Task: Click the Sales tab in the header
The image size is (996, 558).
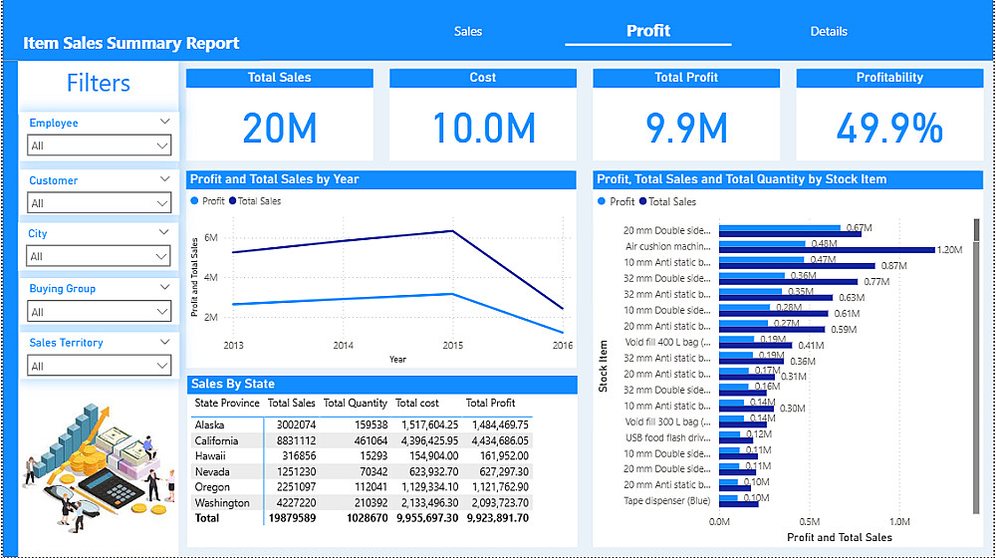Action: pyautogui.click(x=468, y=31)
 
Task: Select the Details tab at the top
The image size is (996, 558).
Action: pyautogui.click(x=829, y=31)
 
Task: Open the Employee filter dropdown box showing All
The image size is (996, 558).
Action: pyautogui.click(x=100, y=145)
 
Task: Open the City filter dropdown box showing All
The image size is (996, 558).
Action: pyautogui.click(x=100, y=256)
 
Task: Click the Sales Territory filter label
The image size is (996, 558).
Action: pyautogui.click(x=67, y=343)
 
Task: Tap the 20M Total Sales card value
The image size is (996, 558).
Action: pyautogui.click(x=279, y=129)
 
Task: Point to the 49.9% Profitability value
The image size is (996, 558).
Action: pyautogui.click(x=889, y=129)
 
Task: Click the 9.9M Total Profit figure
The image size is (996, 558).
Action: pyautogui.click(x=686, y=129)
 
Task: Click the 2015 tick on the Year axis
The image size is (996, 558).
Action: pyautogui.click(x=453, y=346)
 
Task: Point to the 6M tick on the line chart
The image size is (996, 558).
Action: pyautogui.click(x=210, y=238)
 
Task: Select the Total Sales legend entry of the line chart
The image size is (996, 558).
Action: pyautogui.click(x=259, y=201)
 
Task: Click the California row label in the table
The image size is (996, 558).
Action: pyautogui.click(x=217, y=440)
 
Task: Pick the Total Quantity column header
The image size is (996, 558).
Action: pyautogui.click(x=356, y=404)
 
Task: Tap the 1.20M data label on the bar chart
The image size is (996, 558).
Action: pyautogui.click(x=948, y=250)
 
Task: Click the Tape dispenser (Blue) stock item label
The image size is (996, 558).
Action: pyautogui.click(x=667, y=501)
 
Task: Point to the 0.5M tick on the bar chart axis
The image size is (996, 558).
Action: pyautogui.click(x=809, y=521)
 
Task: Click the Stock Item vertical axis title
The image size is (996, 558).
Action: pyautogui.click(x=604, y=365)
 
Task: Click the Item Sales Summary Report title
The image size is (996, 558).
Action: pyautogui.click(x=131, y=44)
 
